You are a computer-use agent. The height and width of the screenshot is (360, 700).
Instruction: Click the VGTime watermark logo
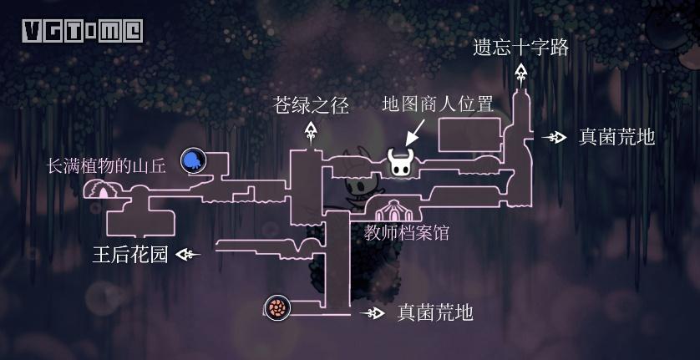click(82, 31)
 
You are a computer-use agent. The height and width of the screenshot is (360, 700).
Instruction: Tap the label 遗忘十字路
click(521, 47)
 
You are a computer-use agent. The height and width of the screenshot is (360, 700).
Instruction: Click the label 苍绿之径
click(311, 105)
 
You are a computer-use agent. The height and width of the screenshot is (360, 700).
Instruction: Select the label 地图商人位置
click(438, 104)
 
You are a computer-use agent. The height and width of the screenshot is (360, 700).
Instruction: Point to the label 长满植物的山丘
click(106, 165)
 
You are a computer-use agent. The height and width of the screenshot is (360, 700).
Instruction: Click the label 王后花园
click(130, 255)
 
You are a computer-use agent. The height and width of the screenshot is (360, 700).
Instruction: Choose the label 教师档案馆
click(407, 233)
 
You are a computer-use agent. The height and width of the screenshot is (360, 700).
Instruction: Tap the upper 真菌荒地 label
click(616, 136)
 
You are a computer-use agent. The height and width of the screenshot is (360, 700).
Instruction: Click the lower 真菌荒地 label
click(435, 312)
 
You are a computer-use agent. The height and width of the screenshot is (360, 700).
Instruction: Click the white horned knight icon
click(400, 162)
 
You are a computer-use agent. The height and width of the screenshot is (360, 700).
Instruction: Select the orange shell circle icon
click(276, 308)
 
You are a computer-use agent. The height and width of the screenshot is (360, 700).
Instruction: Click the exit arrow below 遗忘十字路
click(521, 74)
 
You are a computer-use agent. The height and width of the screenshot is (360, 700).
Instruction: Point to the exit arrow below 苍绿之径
click(312, 131)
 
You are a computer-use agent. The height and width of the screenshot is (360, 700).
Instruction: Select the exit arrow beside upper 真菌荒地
click(554, 137)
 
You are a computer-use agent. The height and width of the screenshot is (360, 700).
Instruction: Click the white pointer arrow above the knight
click(415, 132)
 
